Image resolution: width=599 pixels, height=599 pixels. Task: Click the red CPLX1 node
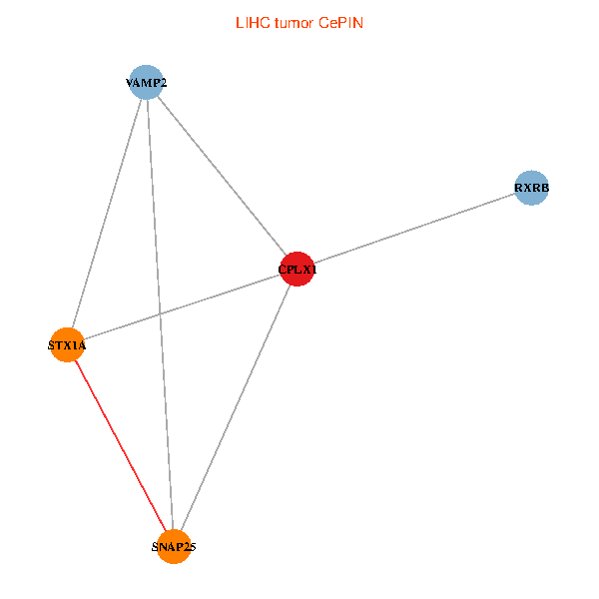click(298, 269)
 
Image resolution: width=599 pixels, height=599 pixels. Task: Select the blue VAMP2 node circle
click(147, 83)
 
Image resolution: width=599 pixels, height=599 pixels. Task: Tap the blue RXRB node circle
click(531, 187)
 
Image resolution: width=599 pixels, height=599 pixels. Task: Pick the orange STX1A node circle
click(67, 345)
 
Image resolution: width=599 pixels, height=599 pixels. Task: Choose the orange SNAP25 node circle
click(175, 547)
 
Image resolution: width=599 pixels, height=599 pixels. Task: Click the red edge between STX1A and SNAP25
click(121, 446)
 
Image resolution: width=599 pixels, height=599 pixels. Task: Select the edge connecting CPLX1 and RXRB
click(414, 228)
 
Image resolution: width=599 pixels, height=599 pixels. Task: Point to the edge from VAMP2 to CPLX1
click(222, 176)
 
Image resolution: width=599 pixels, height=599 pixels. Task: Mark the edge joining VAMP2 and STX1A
click(107, 214)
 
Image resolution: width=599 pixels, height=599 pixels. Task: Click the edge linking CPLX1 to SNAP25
click(236, 407)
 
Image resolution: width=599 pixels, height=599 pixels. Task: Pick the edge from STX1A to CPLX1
click(220, 295)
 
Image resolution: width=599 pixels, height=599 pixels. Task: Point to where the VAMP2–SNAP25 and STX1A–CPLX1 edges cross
click(160, 314)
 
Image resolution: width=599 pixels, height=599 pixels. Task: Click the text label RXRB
click(531, 187)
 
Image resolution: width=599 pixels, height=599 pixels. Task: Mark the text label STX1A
click(67, 345)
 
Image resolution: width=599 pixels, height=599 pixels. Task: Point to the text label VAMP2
click(147, 83)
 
